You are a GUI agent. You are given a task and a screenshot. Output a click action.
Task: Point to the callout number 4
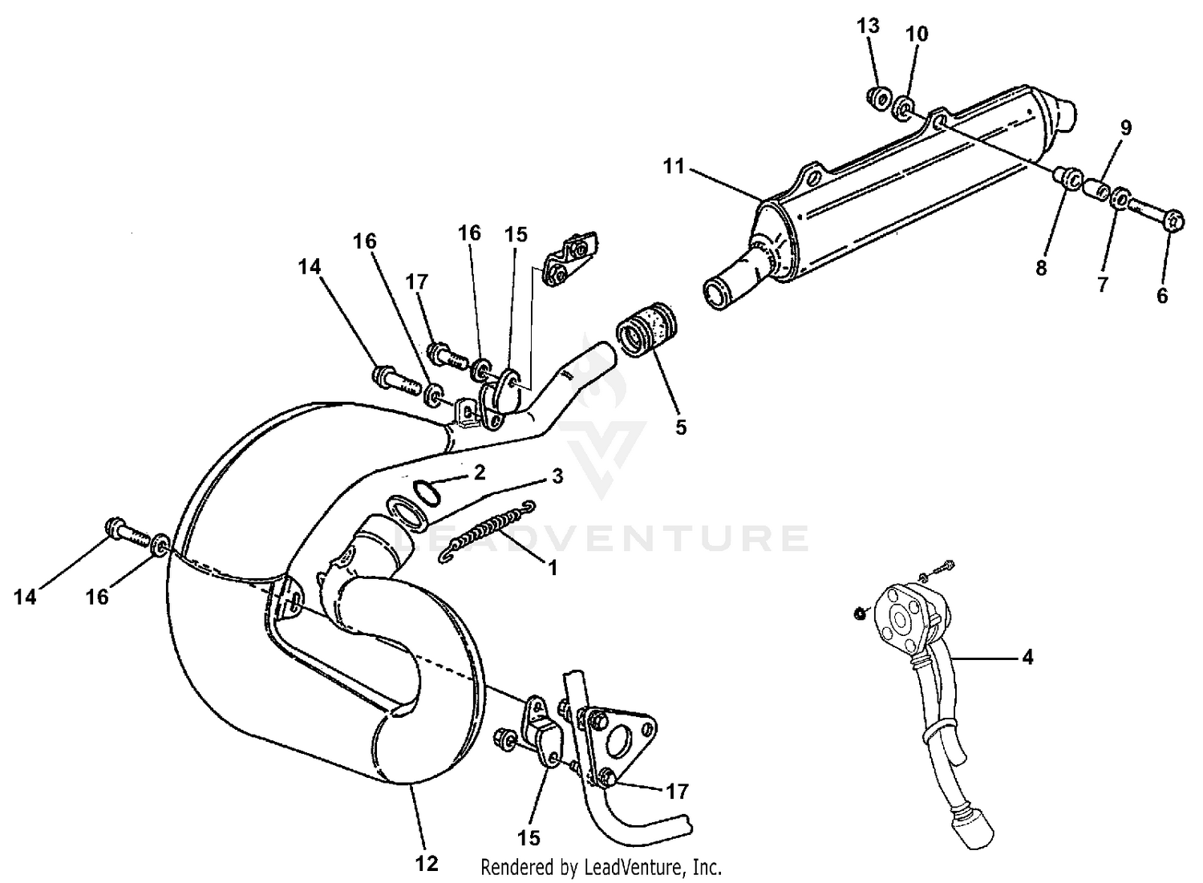(x=1027, y=658)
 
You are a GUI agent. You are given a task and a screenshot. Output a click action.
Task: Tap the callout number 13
(x=868, y=26)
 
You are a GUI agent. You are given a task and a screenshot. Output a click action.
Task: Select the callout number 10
(x=917, y=34)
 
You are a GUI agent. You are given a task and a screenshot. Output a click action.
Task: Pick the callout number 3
(x=557, y=476)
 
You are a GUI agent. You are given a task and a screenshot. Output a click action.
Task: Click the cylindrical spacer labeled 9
(x=1096, y=191)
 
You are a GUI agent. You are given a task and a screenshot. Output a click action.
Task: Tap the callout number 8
(x=1040, y=268)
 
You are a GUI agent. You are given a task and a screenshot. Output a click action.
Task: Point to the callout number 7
(x=1102, y=284)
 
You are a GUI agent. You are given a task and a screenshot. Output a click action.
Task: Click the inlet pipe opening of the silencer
(x=714, y=293)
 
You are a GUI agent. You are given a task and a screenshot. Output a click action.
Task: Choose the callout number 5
(x=680, y=427)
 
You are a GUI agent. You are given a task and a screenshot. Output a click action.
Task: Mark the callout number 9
(x=1125, y=128)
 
